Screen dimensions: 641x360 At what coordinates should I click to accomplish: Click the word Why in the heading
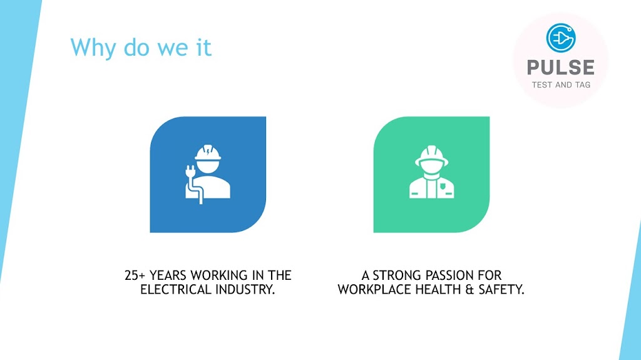[94, 48]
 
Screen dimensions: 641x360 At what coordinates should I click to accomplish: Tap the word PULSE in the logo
[561, 68]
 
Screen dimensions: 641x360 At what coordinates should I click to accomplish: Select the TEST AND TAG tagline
[561, 85]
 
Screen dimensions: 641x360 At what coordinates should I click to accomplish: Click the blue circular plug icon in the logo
[561, 38]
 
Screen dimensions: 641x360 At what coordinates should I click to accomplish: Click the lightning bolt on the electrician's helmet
[208, 152]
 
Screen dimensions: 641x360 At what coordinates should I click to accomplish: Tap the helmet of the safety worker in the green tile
[432, 155]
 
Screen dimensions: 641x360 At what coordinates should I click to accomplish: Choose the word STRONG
[396, 275]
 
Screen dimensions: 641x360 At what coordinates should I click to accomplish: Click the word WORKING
[219, 275]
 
